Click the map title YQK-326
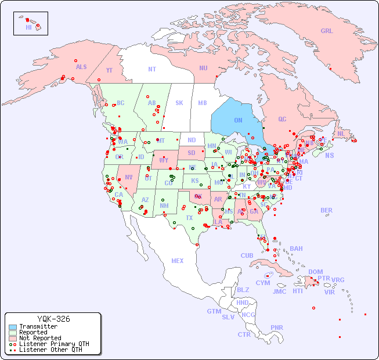(x=53, y=319)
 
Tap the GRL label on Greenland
(x=327, y=31)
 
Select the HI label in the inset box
(x=28, y=27)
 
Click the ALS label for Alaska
(x=81, y=67)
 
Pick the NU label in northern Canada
(x=203, y=68)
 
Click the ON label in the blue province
(x=238, y=120)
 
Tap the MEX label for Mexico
(x=178, y=261)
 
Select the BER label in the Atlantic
(x=327, y=210)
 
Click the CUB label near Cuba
(x=247, y=255)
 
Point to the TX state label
(x=189, y=218)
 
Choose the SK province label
(x=179, y=103)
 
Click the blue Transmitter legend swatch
(x=12, y=327)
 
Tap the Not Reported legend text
(x=40, y=338)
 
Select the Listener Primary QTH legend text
(x=54, y=344)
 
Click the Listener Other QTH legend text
(x=50, y=350)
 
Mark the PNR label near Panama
(x=277, y=327)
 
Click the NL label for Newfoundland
(x=341, y=133)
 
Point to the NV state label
(x=128, y=177)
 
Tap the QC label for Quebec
(x=282, y=119)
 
